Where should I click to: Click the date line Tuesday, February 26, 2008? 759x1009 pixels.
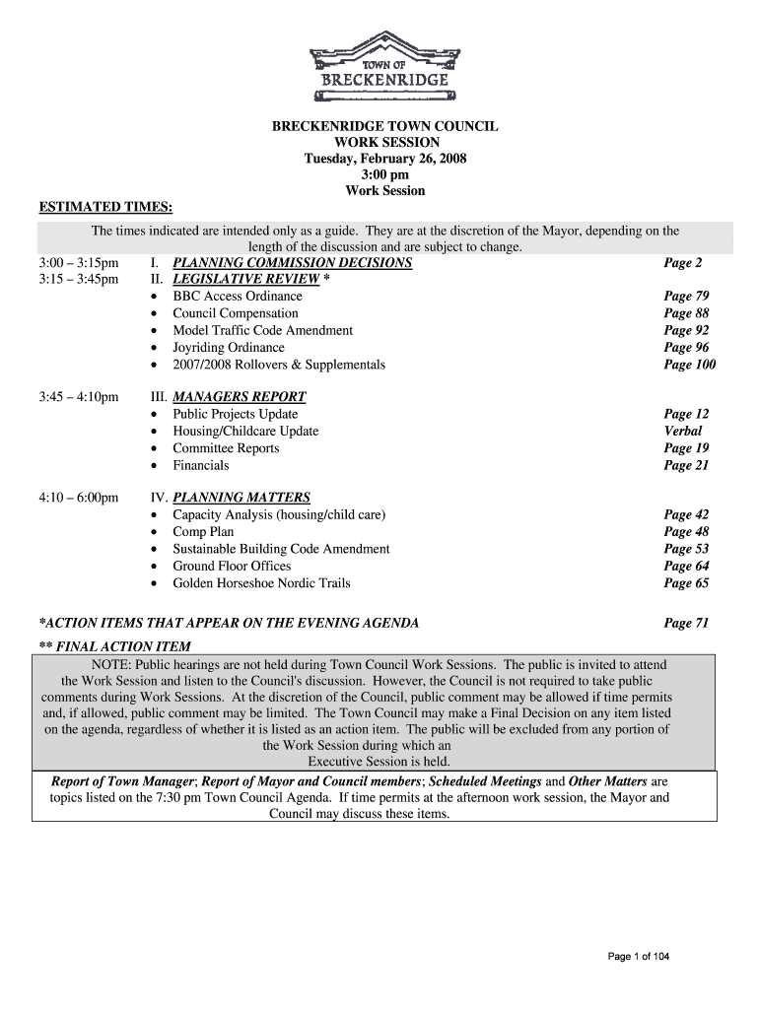pyautogui.click(x=385, y=159)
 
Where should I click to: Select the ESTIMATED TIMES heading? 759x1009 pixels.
pyautogui.click(x=105, y=207)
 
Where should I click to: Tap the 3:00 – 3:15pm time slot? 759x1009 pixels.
pyautogui.click(x=79, y=263)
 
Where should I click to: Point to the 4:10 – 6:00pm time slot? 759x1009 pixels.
pyautogui.click(x=79, y=498)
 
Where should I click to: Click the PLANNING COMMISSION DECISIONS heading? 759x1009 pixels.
pyautogui.click(x=292, y=263)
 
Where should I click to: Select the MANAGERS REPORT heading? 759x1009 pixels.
pyautogui.click(x=240, y=397)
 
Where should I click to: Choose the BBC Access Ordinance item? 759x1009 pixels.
pyautogui.click(x=238, y=296)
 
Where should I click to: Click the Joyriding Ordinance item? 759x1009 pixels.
pyautogui.click(x=229, y=347)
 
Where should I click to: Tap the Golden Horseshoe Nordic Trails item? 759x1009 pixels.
pyautogui.click(x=261, y=583)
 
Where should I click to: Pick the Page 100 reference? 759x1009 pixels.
pyautogui.click(x=689, y=365)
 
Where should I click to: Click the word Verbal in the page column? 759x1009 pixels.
pyautogui.click(x=683, y=431)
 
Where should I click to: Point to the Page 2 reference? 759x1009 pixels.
pyautogui.click(x=683, y=263)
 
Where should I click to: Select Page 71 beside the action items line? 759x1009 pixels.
pyautogui.click(x=686, y=623)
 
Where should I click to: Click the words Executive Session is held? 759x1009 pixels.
pyautogui.click(x=379, y=762)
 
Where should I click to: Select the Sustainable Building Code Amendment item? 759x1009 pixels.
pyautogui.click(x=281, y=549)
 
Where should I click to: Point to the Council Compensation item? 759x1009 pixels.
pyautogui.click(x=236, y=313)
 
